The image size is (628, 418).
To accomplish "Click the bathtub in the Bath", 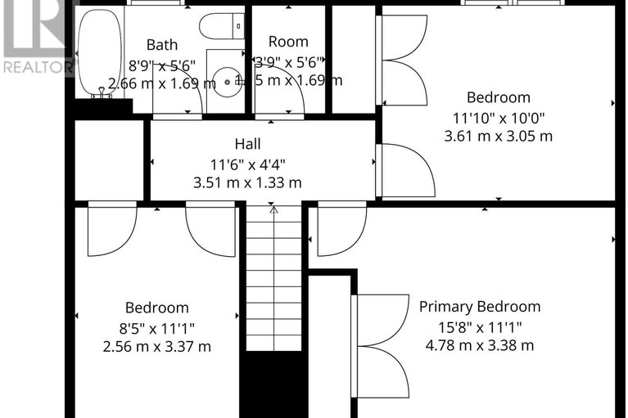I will [100, 51].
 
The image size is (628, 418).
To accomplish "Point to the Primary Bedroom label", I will [480, 307].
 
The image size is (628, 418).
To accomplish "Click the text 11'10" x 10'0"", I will [498, 117].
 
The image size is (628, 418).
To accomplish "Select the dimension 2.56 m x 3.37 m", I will [156, 346].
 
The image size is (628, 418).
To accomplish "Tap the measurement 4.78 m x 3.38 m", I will [480, 345].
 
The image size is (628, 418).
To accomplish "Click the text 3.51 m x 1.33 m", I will [247, 182].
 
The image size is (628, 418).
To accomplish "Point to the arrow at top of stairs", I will [274, 210].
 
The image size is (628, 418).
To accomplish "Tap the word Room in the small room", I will [288, 42].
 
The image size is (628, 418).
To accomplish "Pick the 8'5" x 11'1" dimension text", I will [156, 327].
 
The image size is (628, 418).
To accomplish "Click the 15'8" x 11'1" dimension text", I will [480, 326].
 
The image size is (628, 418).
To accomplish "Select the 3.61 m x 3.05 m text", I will [498, 136].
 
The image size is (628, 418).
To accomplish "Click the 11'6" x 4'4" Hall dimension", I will [247, 164].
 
